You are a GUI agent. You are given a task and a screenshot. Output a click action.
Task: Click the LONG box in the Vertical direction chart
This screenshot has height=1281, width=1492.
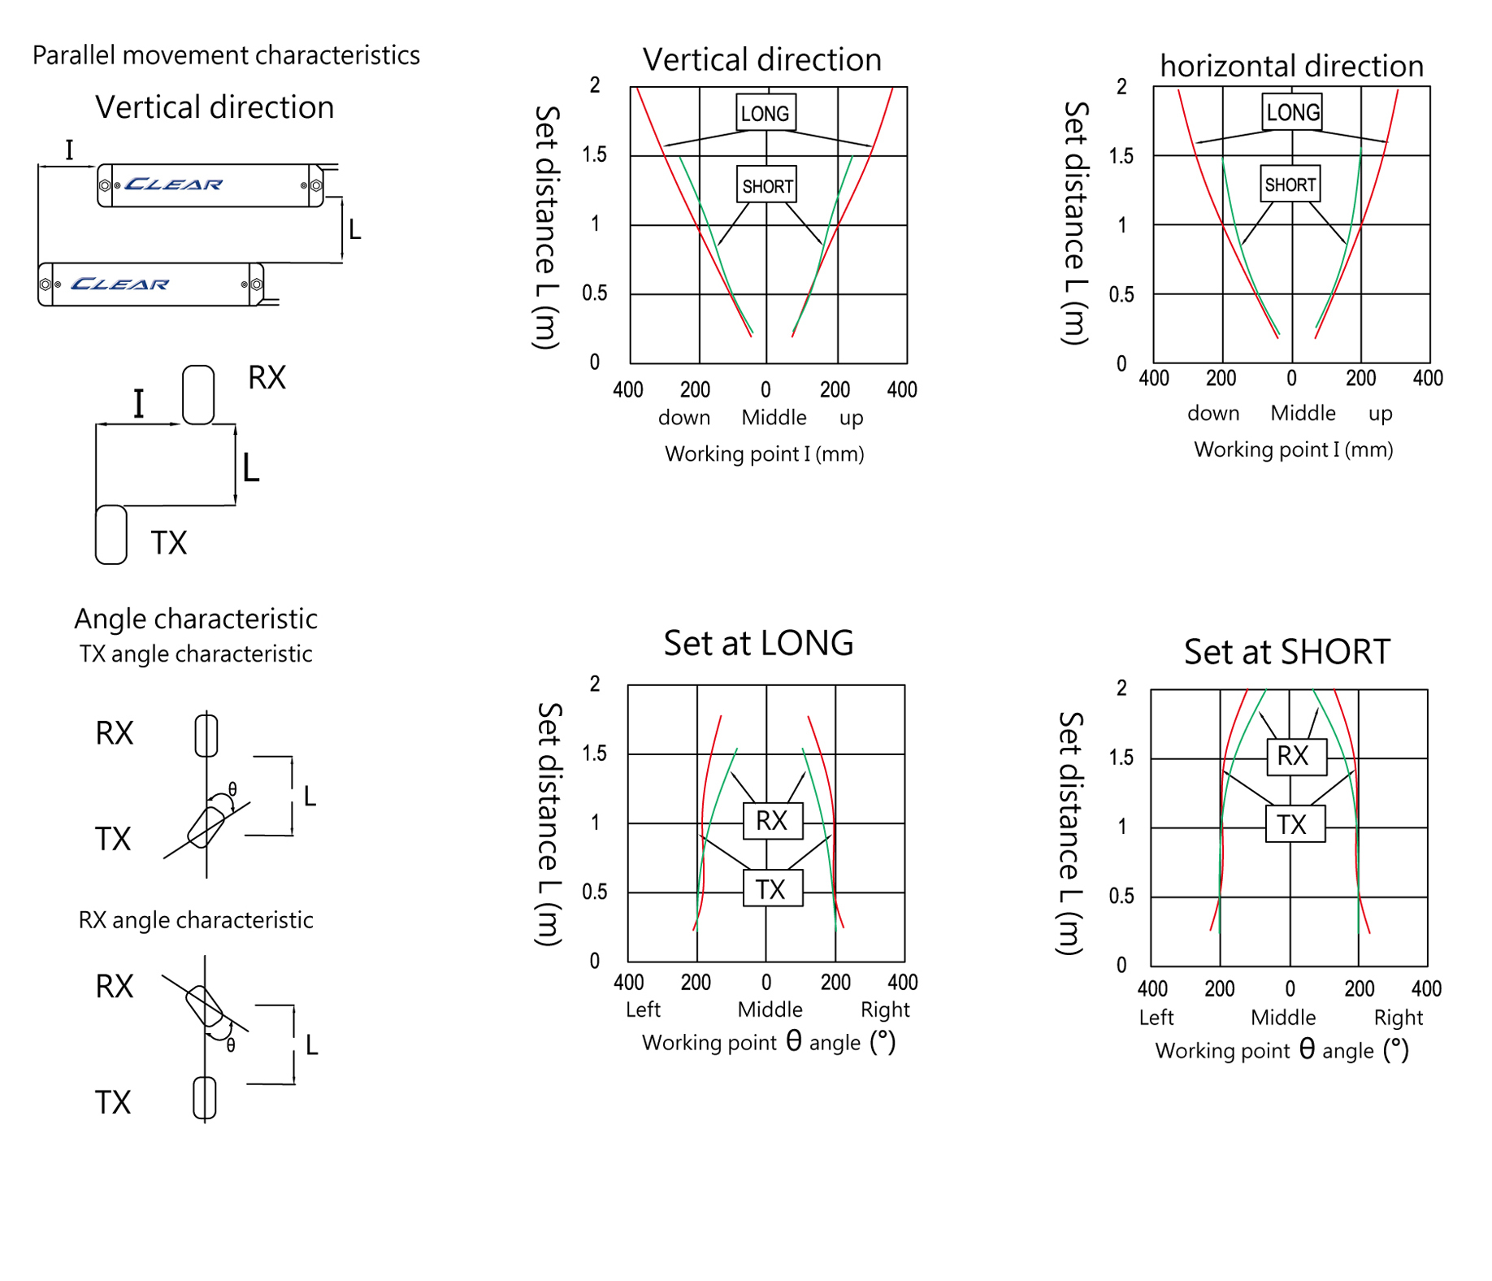click(765, 113)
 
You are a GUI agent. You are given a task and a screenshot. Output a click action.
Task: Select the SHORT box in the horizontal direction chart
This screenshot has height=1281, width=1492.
click(1290, 185)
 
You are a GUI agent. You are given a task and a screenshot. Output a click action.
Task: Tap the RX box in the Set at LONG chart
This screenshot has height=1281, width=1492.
click(772, 821)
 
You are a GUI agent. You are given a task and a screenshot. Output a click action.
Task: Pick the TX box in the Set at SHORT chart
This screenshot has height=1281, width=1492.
click(1295, 824)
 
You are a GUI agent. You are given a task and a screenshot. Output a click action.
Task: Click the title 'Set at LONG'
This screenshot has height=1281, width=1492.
click(758, 643)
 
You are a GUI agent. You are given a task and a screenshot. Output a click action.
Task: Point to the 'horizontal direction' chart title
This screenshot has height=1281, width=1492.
click(1291, 66)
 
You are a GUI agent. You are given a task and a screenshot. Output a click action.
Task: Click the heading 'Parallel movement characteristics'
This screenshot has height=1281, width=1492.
click(226, 55)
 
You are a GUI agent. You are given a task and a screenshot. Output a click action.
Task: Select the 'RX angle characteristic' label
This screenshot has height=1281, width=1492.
click(196, 920)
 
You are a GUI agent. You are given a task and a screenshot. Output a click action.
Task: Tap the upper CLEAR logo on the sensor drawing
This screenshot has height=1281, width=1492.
click(174, 185)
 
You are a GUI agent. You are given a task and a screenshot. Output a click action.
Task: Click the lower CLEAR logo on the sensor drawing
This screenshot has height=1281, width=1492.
click(119, 284)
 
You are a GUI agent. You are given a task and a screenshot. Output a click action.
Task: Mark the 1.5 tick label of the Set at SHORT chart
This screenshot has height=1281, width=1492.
click(1121, 758)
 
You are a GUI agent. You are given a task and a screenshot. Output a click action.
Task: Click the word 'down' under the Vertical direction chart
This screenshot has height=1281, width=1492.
click(684, 418)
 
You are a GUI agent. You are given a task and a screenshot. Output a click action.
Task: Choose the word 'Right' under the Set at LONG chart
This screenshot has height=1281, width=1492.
click(885, 1010)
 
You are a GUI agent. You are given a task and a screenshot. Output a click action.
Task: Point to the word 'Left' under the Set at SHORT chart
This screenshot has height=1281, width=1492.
click(1156, 1018)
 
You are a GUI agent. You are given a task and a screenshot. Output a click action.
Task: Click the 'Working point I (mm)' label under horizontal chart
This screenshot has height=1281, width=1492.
click(1293, 449)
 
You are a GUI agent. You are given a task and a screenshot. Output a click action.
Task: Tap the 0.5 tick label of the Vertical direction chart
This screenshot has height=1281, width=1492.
click(595, 293)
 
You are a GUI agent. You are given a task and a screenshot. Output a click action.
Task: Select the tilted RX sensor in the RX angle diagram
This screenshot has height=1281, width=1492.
click(204, 1005)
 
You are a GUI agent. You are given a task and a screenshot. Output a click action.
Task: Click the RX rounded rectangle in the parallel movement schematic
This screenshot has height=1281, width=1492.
click(198, 395)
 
